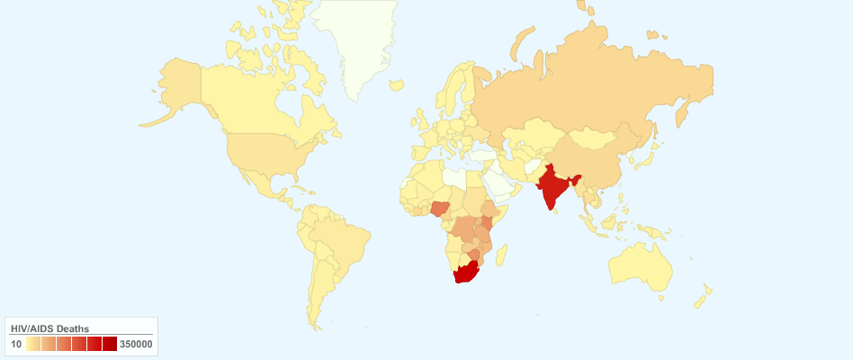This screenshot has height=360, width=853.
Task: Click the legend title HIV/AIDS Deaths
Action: click(x=49, y=328)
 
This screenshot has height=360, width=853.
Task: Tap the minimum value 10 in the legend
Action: click(x=16, y=344)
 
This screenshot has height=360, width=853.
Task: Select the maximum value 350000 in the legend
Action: click(x=136, y=344)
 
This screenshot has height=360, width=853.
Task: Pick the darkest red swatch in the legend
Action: click(x=110, y=344)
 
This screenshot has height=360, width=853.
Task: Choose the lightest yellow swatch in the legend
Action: click(x=33, y=344)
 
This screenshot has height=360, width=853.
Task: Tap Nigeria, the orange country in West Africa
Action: click(x=442, y=210)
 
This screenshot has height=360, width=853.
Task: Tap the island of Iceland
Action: click(x=396, y=85)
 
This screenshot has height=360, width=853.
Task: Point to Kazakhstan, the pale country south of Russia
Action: click(x=531, y=135)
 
